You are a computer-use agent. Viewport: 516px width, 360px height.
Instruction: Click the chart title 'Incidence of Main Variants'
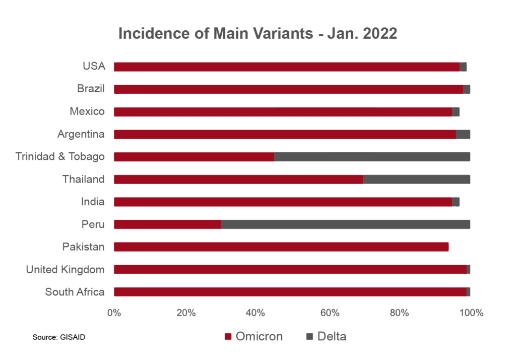point(257,34)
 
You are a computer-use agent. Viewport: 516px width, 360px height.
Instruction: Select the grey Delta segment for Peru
point(345,224)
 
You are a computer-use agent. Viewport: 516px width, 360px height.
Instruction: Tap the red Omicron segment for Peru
point(167,224)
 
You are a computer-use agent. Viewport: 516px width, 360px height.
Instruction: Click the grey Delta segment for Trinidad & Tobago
point(372,157)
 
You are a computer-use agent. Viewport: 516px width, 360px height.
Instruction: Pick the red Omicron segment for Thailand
point(238,179)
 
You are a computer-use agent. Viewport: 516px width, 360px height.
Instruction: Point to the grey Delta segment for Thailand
point(417,179)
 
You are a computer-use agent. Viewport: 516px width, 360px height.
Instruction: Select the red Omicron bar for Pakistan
point(281,247)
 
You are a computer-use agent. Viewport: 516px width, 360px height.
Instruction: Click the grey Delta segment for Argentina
point(463,134)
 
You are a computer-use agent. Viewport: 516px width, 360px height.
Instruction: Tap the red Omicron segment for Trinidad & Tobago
point(194,157)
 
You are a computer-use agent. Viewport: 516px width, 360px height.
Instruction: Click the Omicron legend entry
point(254,336)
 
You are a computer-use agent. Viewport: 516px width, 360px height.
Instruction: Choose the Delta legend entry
point(326,336)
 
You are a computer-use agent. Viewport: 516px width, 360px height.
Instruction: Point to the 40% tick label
point(257,313)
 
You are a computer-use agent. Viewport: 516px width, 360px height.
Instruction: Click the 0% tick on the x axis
point(114,313)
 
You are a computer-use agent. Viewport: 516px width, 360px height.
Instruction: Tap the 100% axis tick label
point(471,313)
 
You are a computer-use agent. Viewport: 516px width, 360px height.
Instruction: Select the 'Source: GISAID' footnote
point(59,337)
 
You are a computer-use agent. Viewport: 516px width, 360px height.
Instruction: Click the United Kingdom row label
point(66,270)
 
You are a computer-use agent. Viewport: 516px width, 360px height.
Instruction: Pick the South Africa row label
point(75,292)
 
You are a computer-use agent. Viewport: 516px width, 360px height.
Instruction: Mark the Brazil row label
point(91,89)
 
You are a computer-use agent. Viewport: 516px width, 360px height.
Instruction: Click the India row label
point(93,202)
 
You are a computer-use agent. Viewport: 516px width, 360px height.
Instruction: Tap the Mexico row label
point(87,111)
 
